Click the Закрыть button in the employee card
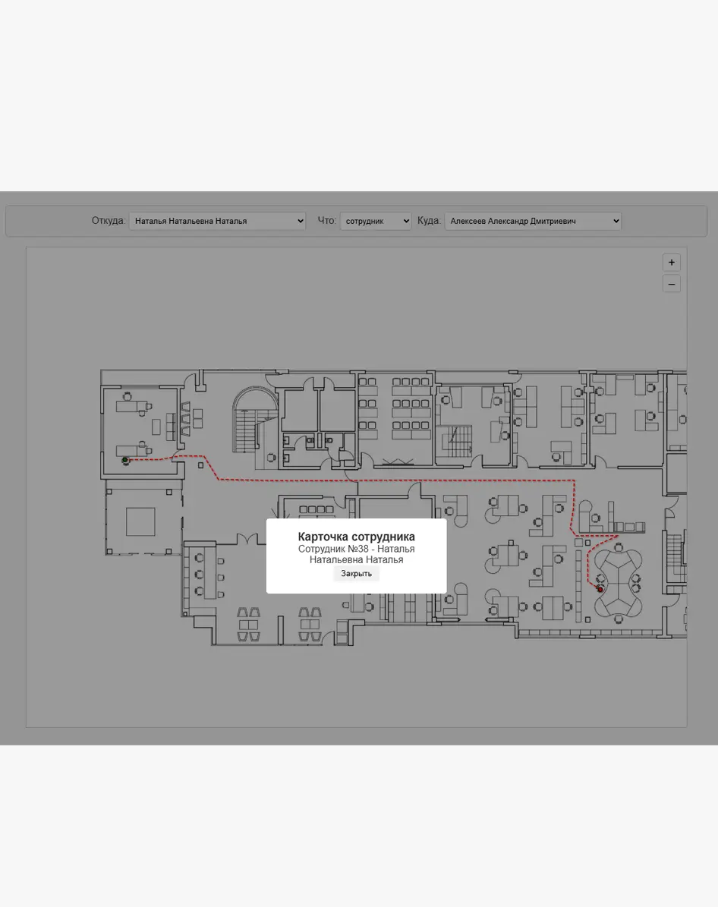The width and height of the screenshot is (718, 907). (356, 573)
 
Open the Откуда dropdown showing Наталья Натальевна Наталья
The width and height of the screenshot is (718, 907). (217, 221)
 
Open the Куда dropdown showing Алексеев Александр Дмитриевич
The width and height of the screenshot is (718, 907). (533, 221)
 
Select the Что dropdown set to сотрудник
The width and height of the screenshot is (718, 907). (376, 221)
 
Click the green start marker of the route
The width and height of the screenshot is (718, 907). (125, 461)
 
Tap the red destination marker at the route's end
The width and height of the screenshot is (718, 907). (600, 590)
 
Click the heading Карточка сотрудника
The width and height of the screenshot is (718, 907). (357, 537)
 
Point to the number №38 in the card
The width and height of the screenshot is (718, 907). (358, 549)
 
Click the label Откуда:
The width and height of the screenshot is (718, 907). (109, 220)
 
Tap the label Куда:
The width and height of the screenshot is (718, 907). (430, 220)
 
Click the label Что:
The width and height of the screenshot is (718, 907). (327, 220)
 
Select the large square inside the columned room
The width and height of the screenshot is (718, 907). (140, 521)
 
